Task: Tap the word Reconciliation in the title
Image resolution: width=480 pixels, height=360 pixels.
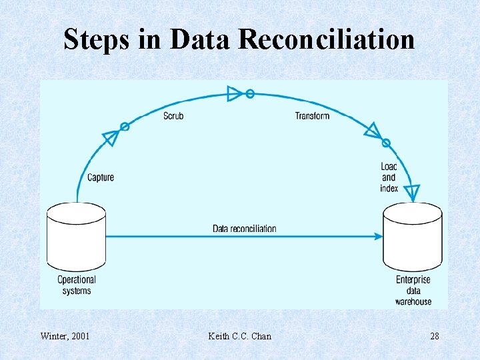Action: point(326,39)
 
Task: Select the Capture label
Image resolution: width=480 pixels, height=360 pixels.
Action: point(101,177)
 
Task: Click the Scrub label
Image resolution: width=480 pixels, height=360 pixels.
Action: point(173,116)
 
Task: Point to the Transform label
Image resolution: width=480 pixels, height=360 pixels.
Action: point(312,116)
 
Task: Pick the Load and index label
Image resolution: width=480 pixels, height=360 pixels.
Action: point(389,177)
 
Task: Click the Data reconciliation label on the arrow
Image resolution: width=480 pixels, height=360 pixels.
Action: point(244,229)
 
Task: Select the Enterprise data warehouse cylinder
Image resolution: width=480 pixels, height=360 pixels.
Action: point(413,237)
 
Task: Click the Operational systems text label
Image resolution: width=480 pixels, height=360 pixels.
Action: point(76,285)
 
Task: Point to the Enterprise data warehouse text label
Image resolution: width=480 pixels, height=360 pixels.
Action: point(413,291)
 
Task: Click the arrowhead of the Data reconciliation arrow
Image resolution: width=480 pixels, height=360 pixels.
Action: point(379,236)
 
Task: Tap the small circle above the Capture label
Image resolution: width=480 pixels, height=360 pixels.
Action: point(124,126)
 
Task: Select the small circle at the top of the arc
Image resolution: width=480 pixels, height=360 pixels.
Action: point(250,94)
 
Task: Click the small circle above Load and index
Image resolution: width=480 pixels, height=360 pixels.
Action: point(385,143)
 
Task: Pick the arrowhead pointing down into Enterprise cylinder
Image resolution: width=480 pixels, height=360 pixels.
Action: point(413,193)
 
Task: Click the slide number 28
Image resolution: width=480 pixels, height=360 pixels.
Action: point(435,336)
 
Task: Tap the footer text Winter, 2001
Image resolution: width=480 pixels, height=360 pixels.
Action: point(65,336)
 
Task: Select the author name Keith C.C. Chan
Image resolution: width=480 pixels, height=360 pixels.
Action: point(240,336)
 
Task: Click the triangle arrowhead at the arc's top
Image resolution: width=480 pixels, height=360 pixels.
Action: point(235,93)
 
